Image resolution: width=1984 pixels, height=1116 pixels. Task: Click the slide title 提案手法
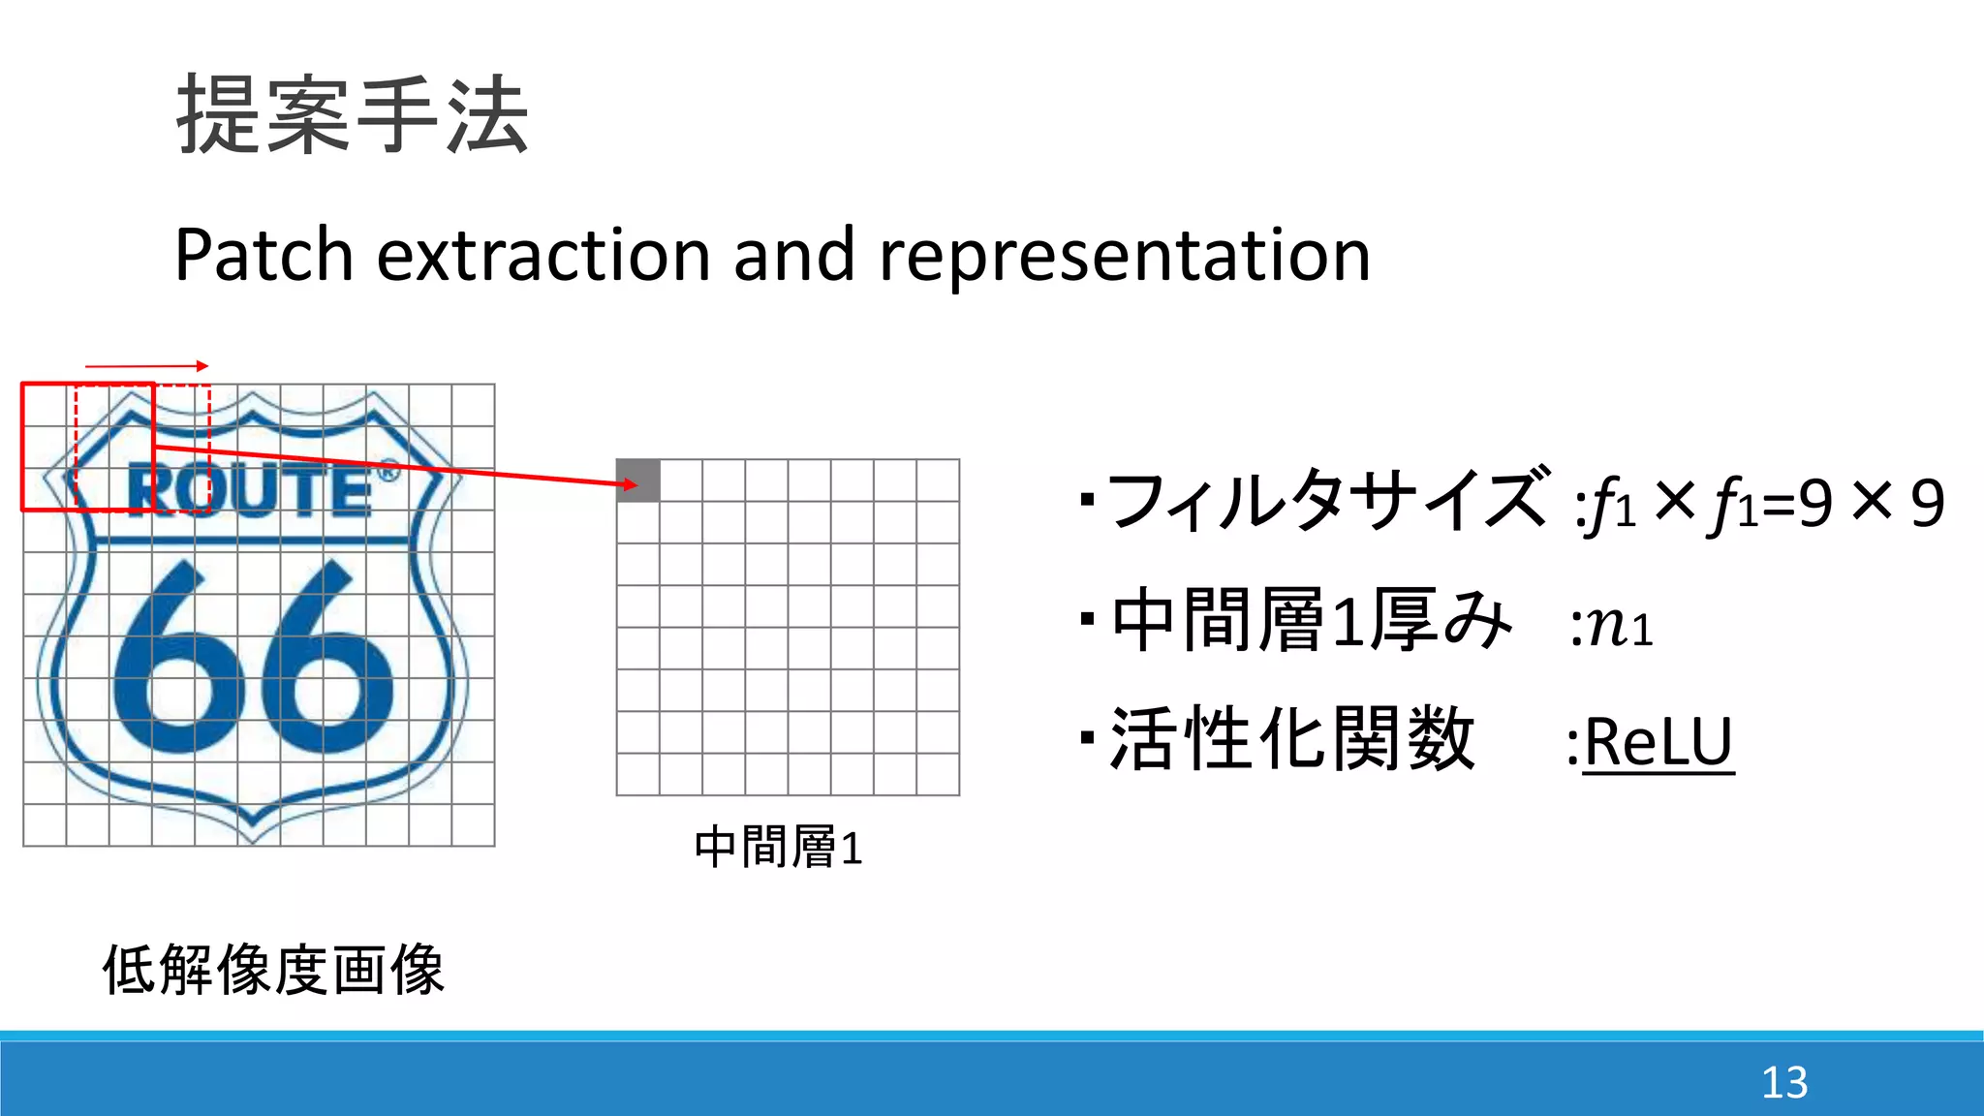coord(353,115)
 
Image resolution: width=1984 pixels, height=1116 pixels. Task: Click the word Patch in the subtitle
coord(263,255)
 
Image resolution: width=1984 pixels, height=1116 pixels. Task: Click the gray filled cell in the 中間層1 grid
coord(638,480)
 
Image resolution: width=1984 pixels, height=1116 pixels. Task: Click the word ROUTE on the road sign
coord(250,490)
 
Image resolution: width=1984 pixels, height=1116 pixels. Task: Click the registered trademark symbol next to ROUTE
coord(387,473)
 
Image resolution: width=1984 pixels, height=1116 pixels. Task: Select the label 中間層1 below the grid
coord(778,848)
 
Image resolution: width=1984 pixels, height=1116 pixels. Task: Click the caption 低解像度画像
coord(273,970)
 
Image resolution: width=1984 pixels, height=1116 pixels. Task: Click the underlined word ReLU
coord(1658,743)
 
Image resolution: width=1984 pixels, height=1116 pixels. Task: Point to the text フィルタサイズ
coord(1325,501)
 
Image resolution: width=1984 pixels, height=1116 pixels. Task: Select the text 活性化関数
coord(1291,739)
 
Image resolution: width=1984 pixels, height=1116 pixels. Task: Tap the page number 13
coord(1783,1082)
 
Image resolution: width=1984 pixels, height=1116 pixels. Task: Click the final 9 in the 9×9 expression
coord(1927,504)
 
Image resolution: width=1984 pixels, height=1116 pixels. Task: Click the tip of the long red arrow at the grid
coord(635,484)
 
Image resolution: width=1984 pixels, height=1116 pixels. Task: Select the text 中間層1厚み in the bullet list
coord(1311,621)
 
